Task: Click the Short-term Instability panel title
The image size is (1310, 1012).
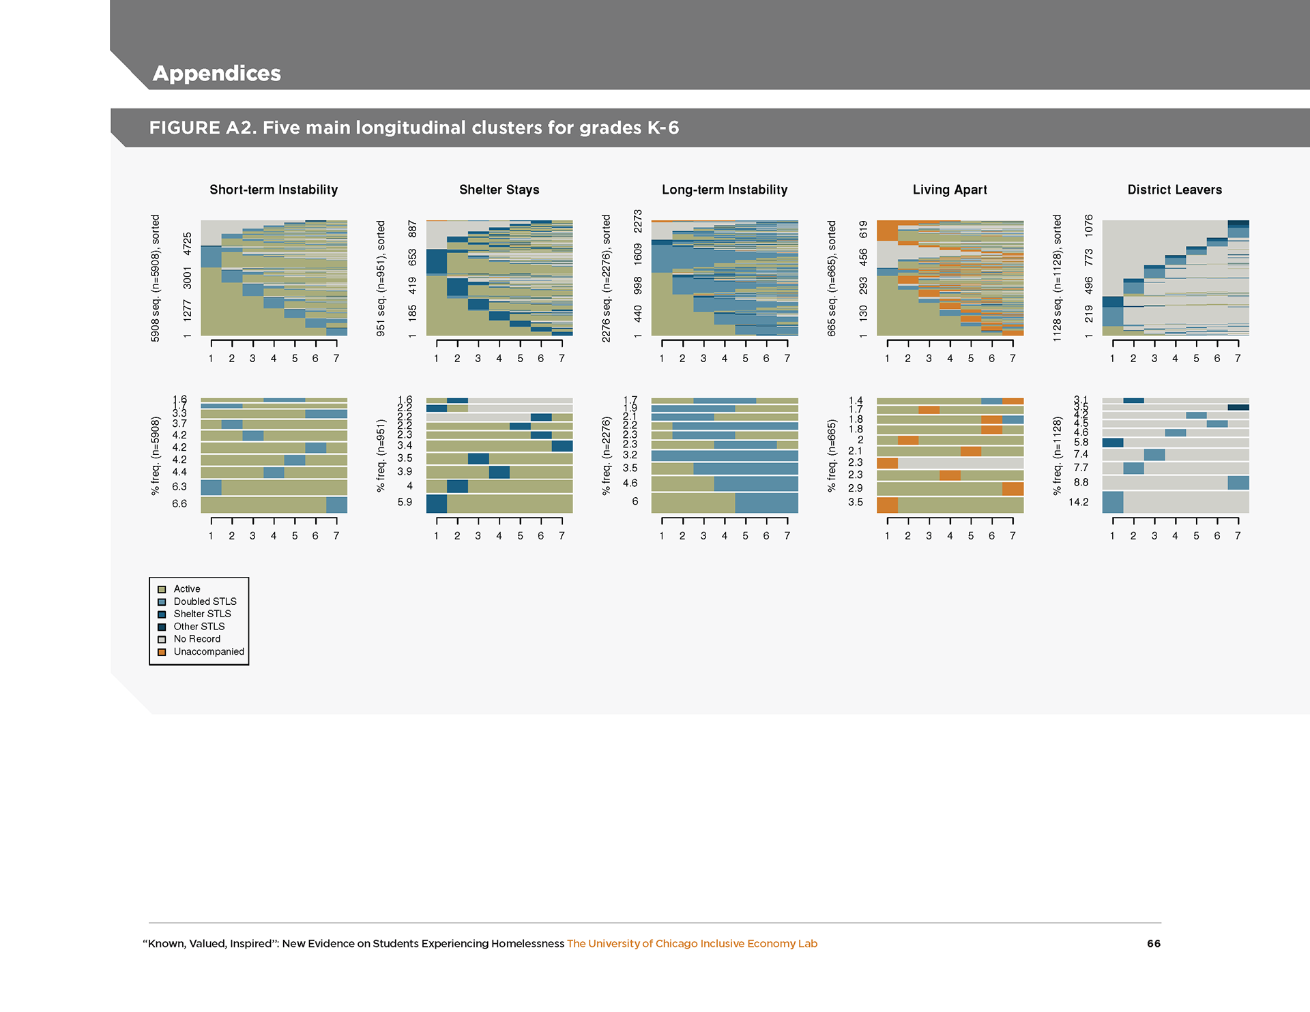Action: [x=274, y=190]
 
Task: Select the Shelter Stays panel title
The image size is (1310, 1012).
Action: [x=499, y=190]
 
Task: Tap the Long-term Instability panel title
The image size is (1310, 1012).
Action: [x=725, y=190]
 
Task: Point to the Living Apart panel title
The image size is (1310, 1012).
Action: [x=950, y=190]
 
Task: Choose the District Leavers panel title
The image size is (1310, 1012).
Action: [x=1174, y=190]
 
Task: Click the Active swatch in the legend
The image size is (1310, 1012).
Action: [x=162, y=589]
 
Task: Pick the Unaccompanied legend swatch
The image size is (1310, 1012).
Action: [x=162, y=652]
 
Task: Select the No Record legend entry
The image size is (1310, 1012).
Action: [x=196, y=639]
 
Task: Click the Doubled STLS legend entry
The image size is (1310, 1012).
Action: [x=205, y=601]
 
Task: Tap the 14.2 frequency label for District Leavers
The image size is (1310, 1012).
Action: [x=1079, y=503]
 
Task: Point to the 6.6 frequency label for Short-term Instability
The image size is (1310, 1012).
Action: [x=179, y=504]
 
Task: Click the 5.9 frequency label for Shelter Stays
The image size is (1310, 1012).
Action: [x=405, y=502]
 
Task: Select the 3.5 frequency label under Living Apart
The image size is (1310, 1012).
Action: [x=856, y=502]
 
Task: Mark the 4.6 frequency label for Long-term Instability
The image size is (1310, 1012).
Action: [x=630, y=483]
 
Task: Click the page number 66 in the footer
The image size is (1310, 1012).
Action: [x=1154, y=944]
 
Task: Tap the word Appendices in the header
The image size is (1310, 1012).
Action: [x=217, y=73]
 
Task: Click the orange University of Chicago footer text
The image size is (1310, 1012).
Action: [x=692, y=944]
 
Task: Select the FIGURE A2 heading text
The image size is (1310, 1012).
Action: [x=414, y=128]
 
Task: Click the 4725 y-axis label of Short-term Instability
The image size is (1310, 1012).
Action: [x=187, y=244]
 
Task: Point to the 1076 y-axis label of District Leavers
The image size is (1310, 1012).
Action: [x=1088, y=226]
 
